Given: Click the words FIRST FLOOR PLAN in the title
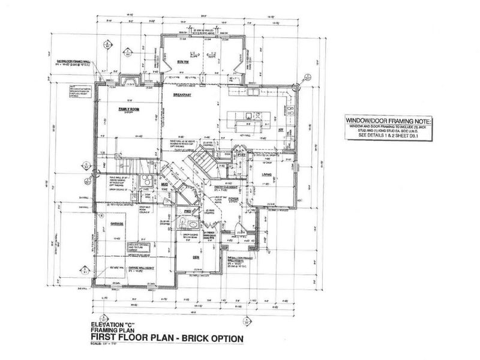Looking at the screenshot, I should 139,338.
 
